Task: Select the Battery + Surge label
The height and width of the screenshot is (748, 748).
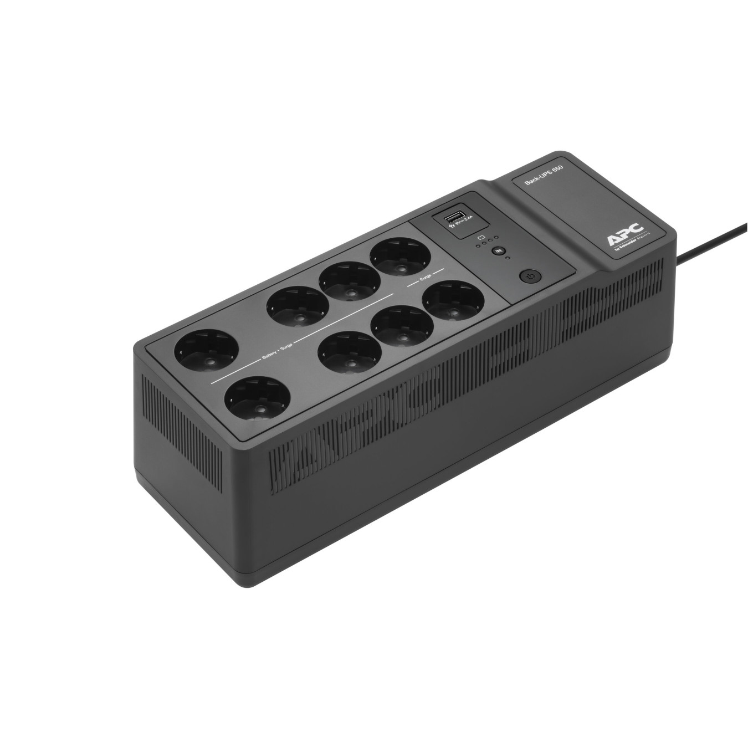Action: pos(276,351)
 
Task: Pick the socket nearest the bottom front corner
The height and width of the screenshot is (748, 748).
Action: pos(257,397)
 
